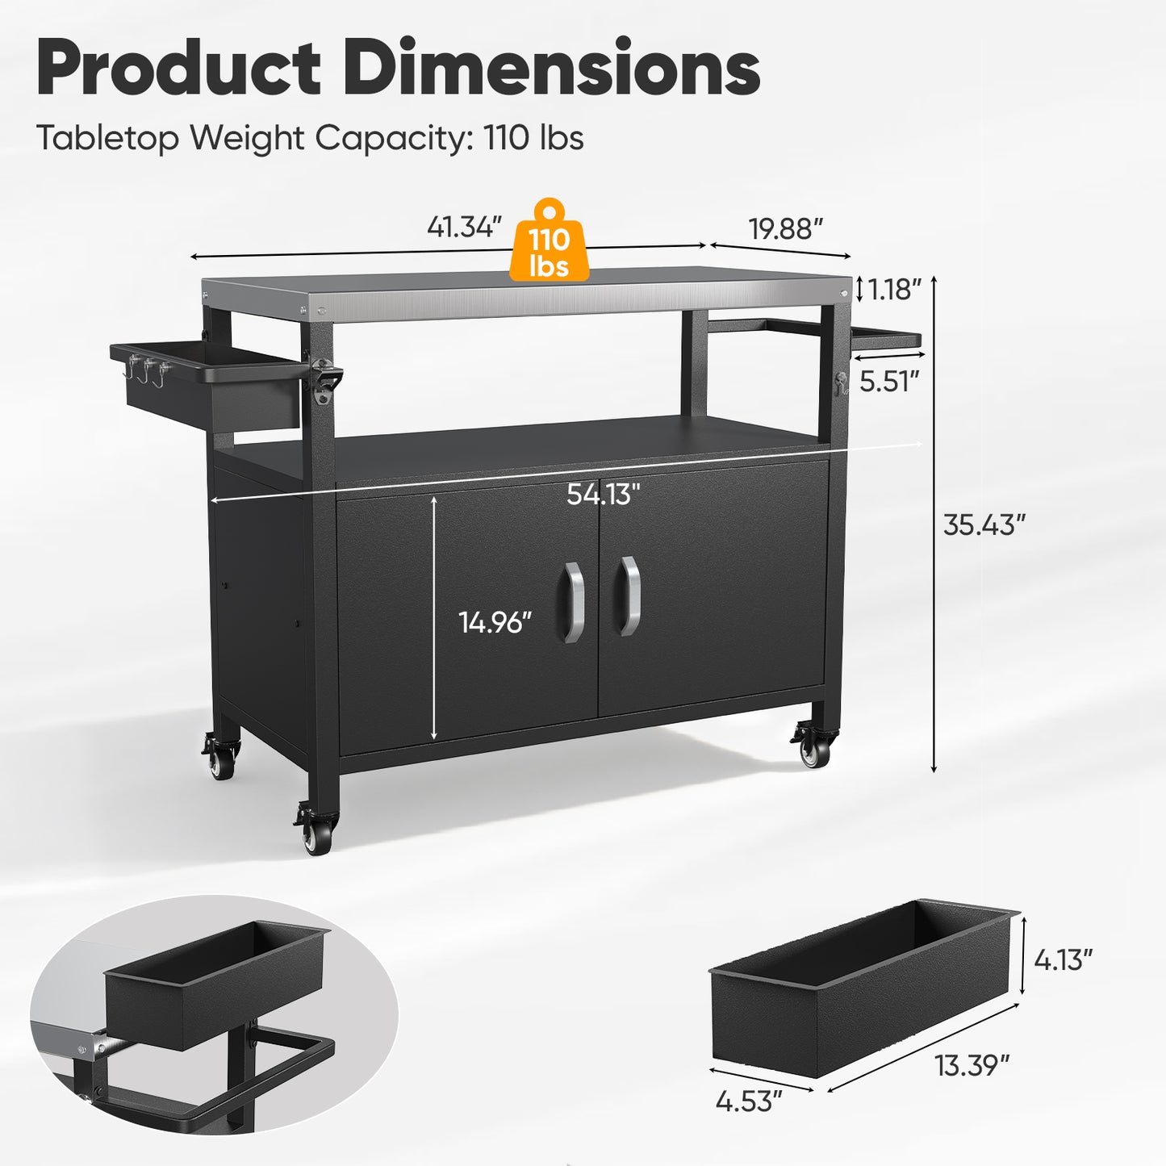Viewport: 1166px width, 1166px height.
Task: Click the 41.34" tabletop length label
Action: (464, 228)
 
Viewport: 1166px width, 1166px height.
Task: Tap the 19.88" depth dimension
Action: (785, 229)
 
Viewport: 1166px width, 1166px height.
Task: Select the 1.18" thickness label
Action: (894, 289)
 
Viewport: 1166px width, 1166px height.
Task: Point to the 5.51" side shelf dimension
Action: (889, 381)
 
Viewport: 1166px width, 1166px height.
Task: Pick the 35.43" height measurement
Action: (984, 525)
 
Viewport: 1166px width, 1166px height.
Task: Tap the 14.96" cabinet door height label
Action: (495, 622)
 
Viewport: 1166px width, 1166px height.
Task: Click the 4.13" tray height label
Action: (1064, 959)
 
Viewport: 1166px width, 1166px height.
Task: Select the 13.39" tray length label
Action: (972, 1065)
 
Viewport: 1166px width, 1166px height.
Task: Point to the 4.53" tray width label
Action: (749, 1101)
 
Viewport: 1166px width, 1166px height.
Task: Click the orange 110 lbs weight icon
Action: (550, 243)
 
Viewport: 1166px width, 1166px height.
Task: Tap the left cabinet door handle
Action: (572, 602)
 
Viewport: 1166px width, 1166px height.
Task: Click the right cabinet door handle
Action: (629, 596)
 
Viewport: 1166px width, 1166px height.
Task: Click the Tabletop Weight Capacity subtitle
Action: (309, 138)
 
